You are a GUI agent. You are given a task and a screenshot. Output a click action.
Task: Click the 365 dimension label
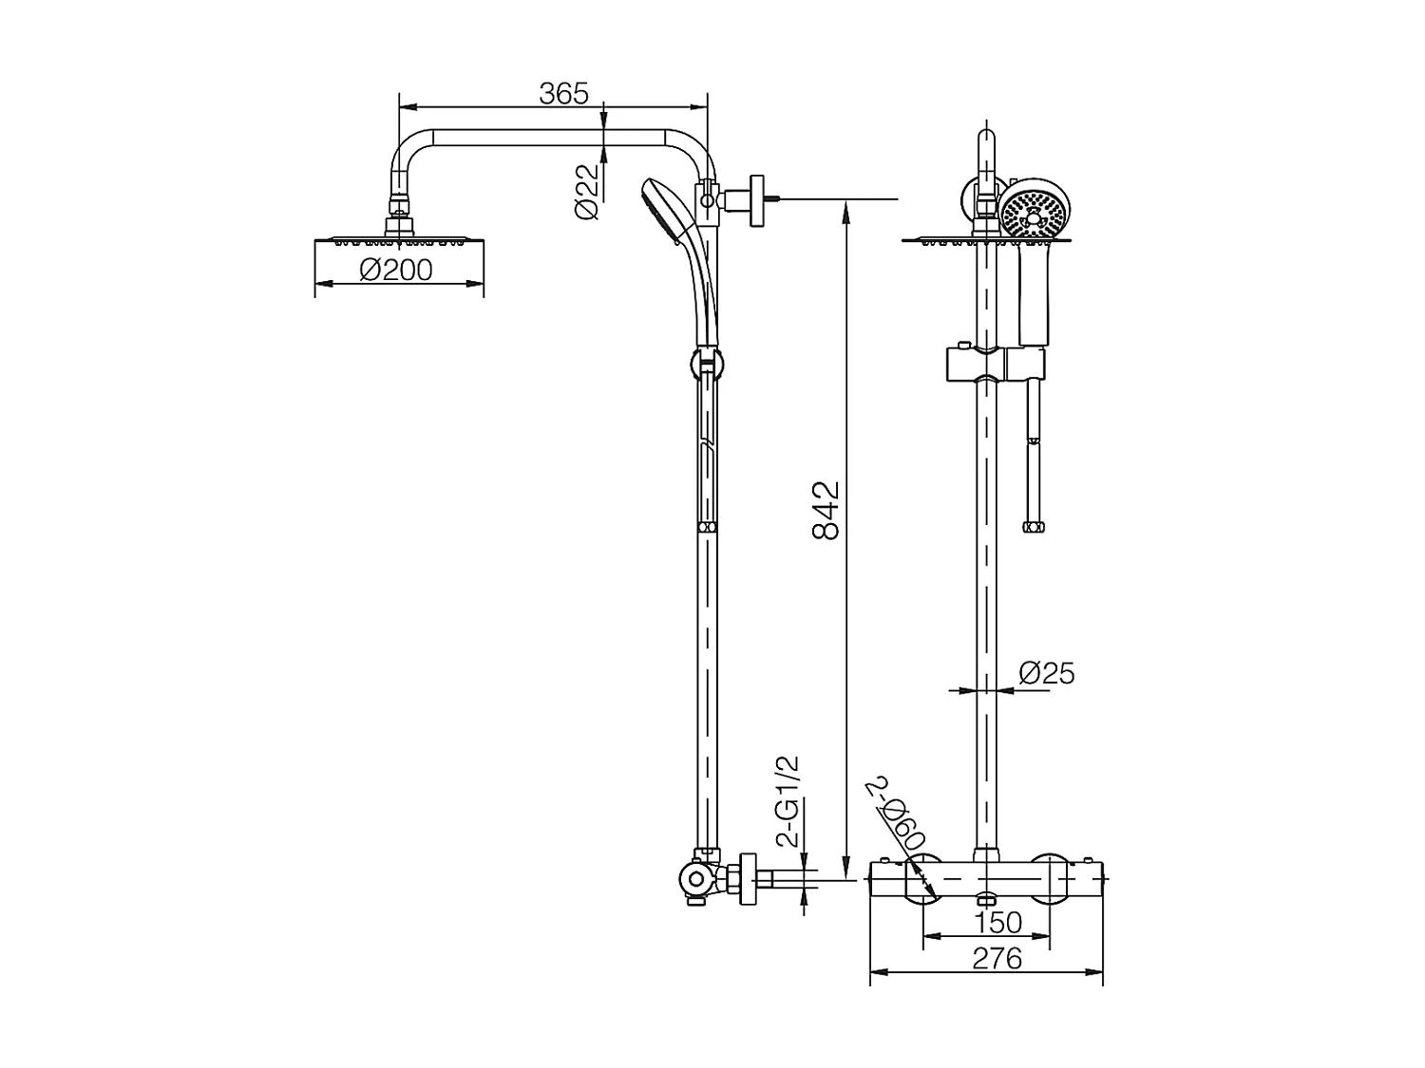pyautogui.click(x=563, y=93)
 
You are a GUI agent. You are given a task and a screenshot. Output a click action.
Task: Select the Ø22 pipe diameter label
pyautogui.click(x=588, y=192)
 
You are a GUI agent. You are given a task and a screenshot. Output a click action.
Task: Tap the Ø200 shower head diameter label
pyautogui.click(x=396, y=271)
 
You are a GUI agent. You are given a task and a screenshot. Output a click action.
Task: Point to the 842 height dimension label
pyautogui.click(x=826, y=511)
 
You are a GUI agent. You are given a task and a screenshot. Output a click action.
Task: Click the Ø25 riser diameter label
pyautogui.click(x=1046, y=673)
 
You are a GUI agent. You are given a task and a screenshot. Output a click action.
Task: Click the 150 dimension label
pyautogui.click(x=997, y=922)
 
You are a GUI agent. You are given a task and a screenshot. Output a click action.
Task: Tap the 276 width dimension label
pyautogui.click(x=997, y=959)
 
